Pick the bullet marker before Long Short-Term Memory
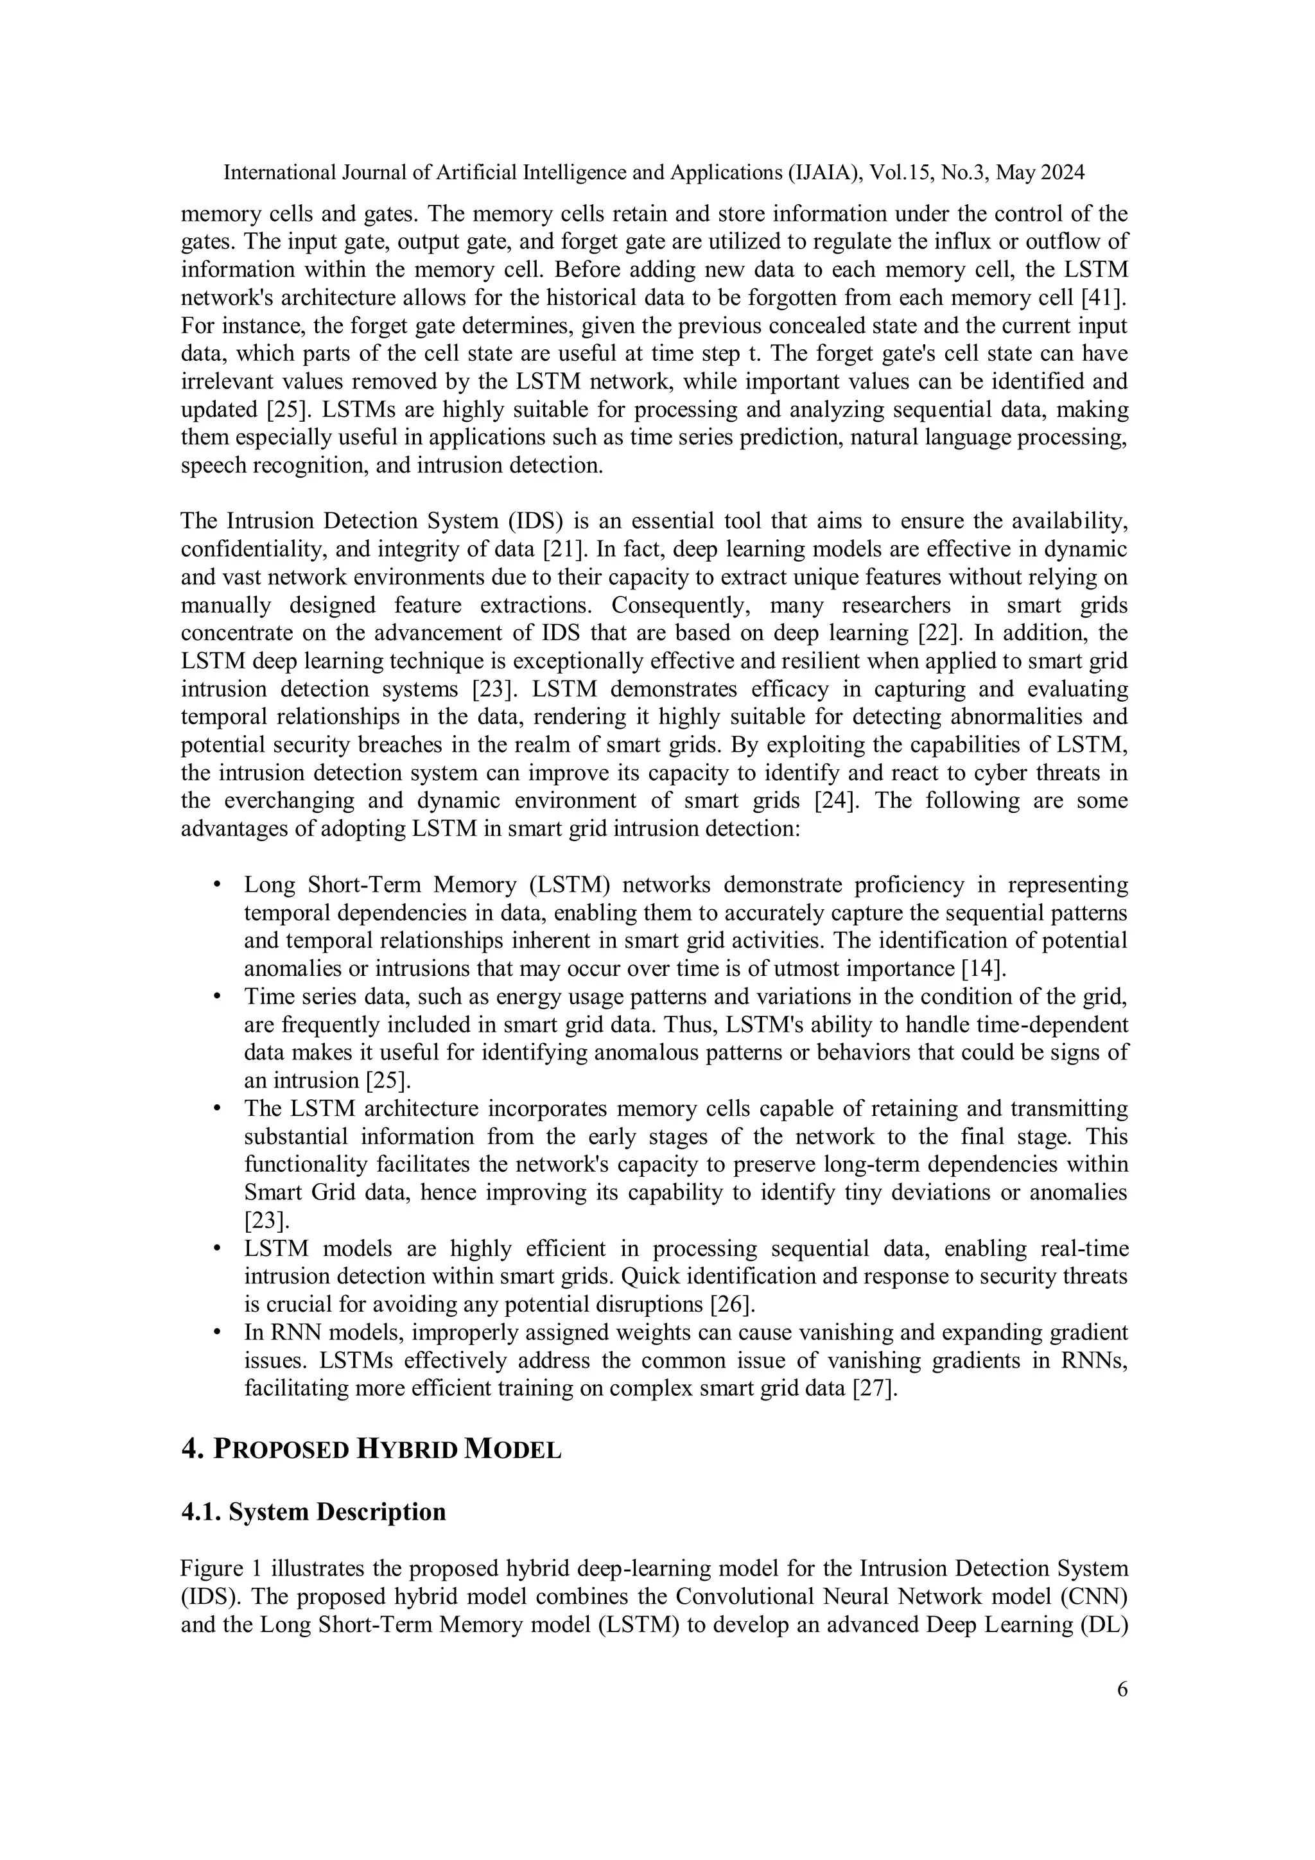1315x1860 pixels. coord(217,885)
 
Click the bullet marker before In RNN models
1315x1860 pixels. coord(217,1334)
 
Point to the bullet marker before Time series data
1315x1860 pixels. coord(217,997)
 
